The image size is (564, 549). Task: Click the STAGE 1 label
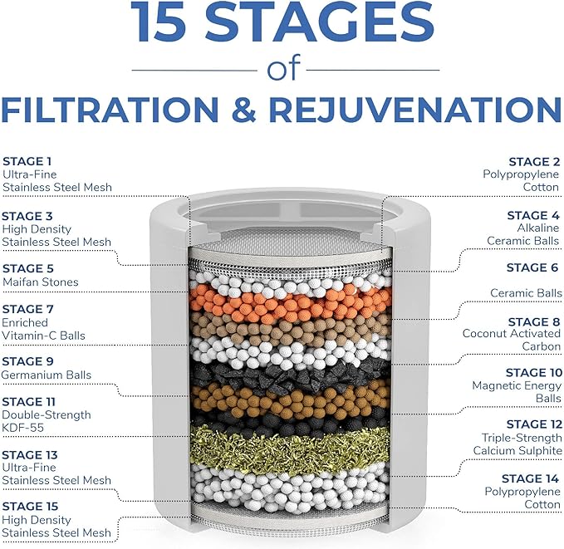pyautogui.click(x=27, y=161)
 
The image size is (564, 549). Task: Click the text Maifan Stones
pyautogui.click(x=41, y=282)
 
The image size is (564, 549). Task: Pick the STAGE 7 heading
pyautogui.click(x=28, y=308)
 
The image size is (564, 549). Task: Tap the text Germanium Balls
pyautogui.click(x=47, y=375)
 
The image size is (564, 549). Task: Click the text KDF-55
pyautogui.click(x=22, y=428)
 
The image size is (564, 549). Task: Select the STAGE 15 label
pyautogui.click(x=31, y=506)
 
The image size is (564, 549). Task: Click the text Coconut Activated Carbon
pyautogui.click(x=512, y=340)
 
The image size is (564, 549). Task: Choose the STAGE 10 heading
pyautogui.click(x=533, y=373)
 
